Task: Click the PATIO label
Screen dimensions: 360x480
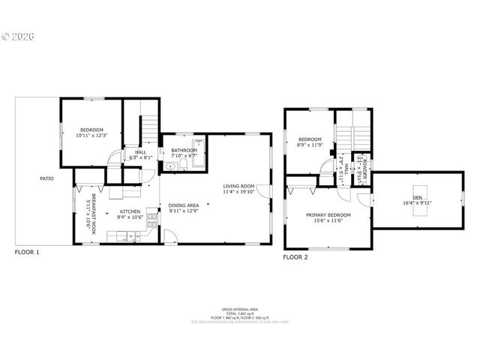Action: [46, 178]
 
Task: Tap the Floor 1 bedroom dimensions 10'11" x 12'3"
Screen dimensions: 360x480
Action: [92, 136]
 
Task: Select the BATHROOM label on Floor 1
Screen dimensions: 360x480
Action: [184, 150]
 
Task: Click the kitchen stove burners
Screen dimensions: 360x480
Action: [152, 219]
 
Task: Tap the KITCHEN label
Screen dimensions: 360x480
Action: [130, 211]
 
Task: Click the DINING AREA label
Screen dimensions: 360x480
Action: [183, 205]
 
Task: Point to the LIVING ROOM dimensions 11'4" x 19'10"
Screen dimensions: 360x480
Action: [238, 192]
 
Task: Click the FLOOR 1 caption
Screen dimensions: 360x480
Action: [27, 253]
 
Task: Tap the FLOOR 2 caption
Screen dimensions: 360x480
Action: [295, 257]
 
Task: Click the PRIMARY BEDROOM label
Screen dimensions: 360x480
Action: [328, 214]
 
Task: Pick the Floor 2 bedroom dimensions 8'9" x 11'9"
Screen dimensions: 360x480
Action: [310, 145]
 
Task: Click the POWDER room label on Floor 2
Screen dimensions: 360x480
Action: [362, 163]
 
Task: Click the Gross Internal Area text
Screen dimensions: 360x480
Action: [240, 308]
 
